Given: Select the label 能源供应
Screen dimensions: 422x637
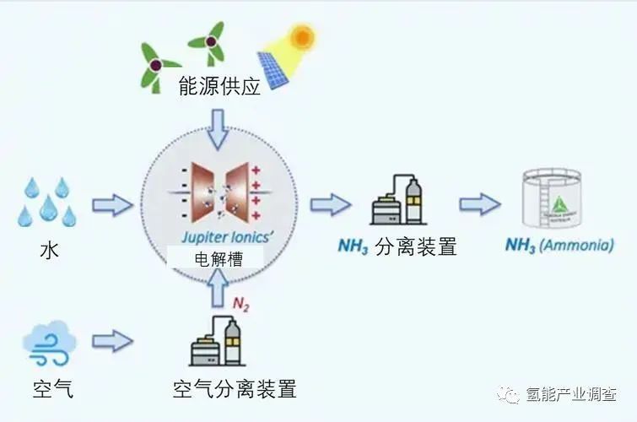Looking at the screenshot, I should coord(219,86).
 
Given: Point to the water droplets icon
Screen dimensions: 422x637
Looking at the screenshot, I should coord(47,202).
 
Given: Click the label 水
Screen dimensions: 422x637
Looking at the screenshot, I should coord(47,251).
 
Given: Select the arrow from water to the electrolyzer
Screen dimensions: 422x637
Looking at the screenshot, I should coord(112,204).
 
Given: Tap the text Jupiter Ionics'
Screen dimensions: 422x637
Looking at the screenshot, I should coord(219,238).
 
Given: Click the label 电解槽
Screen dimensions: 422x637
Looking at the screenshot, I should coord(219,259).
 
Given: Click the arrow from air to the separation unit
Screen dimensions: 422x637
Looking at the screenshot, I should coord(112,342).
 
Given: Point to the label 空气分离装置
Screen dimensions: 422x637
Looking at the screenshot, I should coord(234,389).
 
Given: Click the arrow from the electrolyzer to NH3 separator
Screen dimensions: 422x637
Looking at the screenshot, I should coord(330,204).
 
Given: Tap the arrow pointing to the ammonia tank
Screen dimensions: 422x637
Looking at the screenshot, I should coord(480,204).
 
